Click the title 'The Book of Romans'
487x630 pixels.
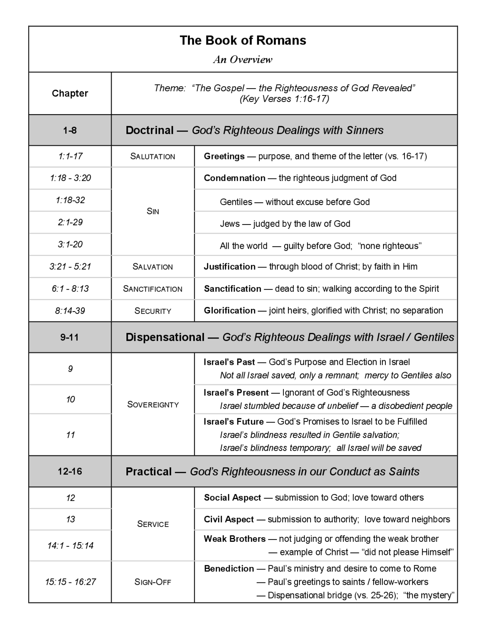pos(243,40)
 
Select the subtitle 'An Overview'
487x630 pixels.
pos(243,60)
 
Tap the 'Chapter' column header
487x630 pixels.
pos(70,93)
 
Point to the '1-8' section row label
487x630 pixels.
pos(70,130)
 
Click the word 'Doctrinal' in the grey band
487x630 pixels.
pos(150,130)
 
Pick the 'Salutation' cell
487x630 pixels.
pos(153,156)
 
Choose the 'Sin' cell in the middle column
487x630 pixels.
pos(153,211)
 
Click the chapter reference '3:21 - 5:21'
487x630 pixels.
pos(70,266)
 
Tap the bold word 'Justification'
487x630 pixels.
pos(229,266)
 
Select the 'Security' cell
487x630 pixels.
pos(153,311)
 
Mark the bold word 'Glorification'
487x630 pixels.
pos(229,310)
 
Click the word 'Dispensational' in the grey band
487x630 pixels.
pos(165,337)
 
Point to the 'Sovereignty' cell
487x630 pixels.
pos(153,404)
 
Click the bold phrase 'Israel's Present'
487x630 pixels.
pos(236,393)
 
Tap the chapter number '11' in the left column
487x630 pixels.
pos(70,435)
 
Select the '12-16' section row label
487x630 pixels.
pos(70,471)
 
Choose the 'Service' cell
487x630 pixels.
pos(153,524)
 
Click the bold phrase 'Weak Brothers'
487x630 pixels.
pos(234,539)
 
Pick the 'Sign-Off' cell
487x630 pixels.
pos(153,582)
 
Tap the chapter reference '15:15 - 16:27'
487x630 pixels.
pos(70,582)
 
